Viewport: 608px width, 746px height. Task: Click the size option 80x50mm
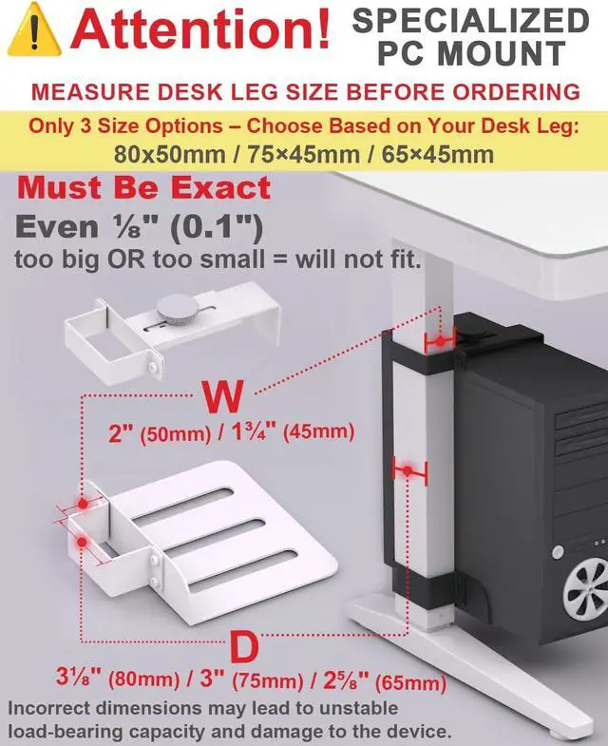[x=166, y=153]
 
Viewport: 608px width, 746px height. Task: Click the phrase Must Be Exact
[x=143, y=187]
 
